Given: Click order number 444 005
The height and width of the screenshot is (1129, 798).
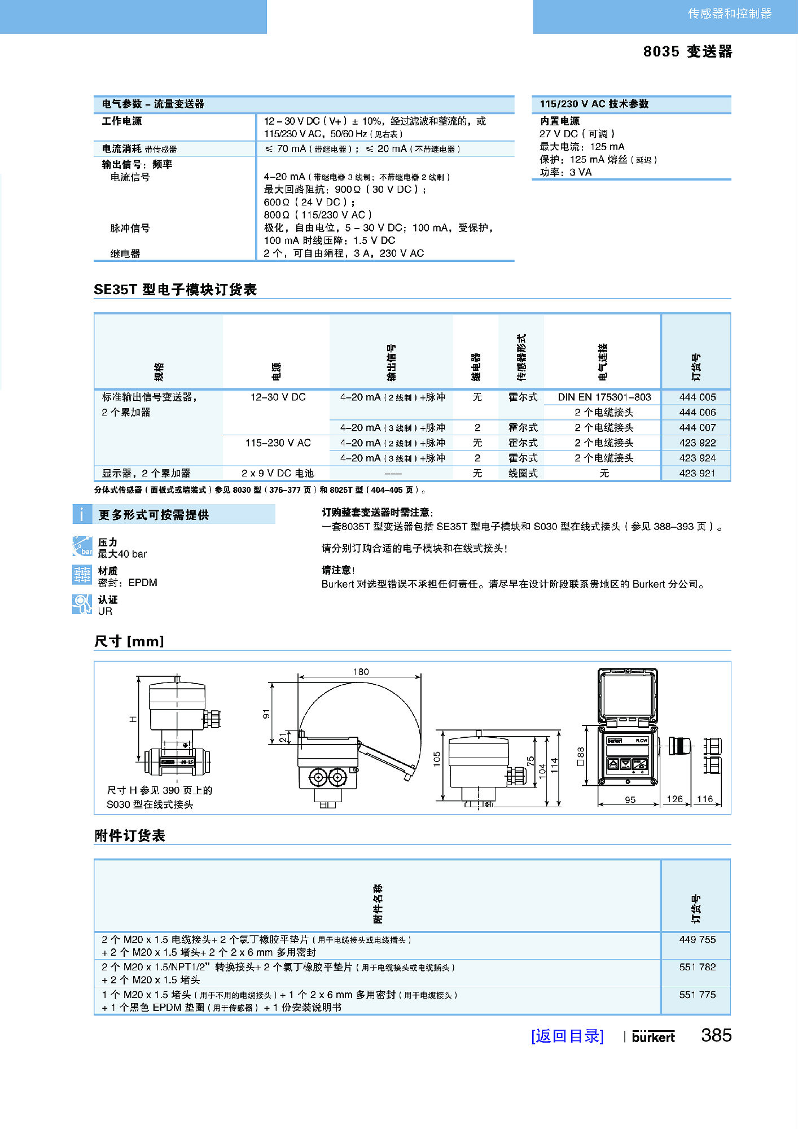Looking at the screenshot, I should [x=697, y=397].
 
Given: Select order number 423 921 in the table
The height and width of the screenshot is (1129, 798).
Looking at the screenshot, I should [x=697, y=473].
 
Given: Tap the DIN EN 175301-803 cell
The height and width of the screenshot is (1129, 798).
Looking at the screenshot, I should [x=604, y=397].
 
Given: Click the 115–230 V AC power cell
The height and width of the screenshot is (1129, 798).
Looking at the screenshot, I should [x=278, y=443].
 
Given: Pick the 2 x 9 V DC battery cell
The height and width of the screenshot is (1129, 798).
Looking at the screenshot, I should [x=277, y=473].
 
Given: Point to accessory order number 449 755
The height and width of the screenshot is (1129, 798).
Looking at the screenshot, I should [x=697, y=939].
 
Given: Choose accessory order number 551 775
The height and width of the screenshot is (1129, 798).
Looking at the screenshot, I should [x=697, y=995].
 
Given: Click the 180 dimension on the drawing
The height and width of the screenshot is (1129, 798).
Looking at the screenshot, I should [x=361, y=672].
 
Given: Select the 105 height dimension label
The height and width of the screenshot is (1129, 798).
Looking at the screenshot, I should [x=437, y=759].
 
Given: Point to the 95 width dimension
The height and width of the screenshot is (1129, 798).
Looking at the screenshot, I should [x=630, y=800].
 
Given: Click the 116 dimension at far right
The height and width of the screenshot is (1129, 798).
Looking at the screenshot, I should [x=705, y=799].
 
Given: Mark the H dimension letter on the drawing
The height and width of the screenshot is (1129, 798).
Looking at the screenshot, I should [x=133, y=719].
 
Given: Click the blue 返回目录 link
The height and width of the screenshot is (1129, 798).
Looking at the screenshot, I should [x=567, y=1036].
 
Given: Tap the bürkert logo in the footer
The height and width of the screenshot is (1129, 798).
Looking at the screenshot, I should [x=653, y=1037].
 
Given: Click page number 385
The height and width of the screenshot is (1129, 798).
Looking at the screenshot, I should [x=716, y=1035].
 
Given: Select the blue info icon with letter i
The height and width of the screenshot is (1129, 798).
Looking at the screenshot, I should [x=82, y=514].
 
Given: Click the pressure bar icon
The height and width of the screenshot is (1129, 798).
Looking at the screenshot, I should [x=82, y=546].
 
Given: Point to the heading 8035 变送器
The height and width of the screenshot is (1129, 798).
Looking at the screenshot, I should [x=687, y=51].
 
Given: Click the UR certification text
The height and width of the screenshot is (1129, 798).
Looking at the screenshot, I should [x=105, y=611].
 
